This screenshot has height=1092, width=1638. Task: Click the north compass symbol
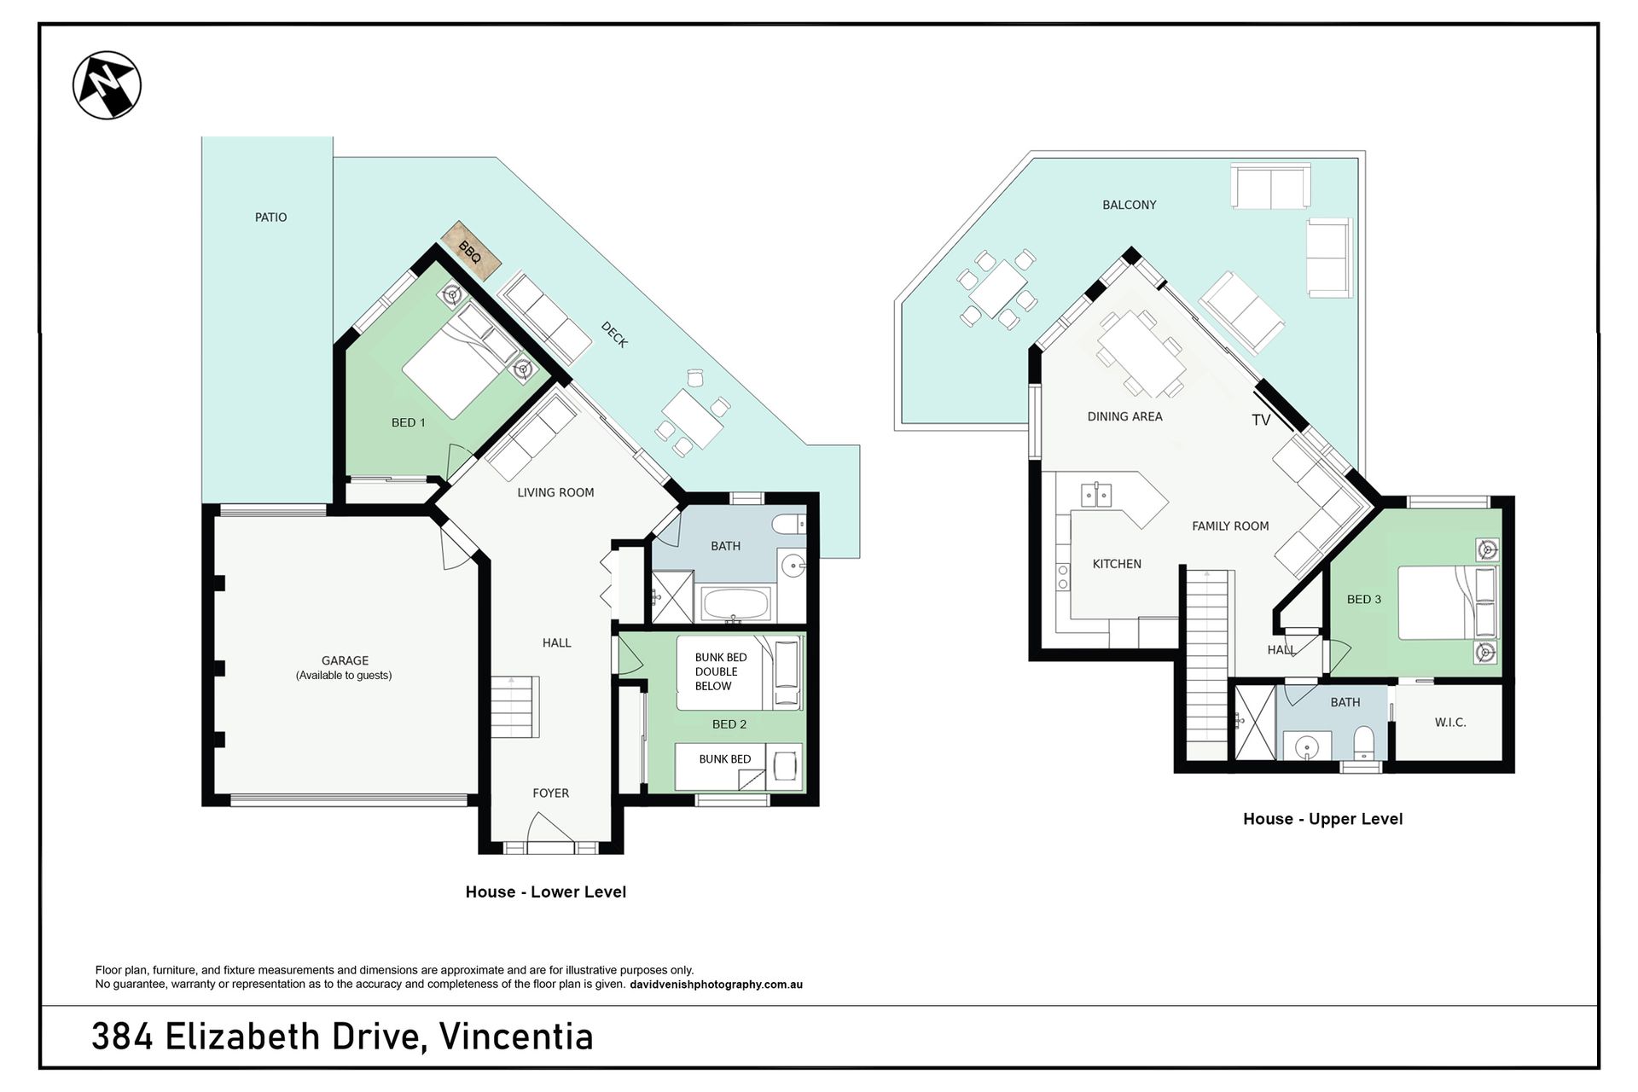[107, 85]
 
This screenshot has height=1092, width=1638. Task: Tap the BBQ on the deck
[470, 251]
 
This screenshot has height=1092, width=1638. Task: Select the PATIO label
[270, 218]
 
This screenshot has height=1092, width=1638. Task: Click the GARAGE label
[345, 660]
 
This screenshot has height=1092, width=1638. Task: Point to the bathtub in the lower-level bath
[735, 605]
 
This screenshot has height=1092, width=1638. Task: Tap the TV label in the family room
[1261, 420]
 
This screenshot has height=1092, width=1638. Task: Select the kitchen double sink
[1095, 495]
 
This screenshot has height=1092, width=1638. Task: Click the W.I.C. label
[1450, 723]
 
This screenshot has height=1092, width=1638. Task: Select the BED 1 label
[408, 422]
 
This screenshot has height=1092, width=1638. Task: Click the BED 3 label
[1363, 600]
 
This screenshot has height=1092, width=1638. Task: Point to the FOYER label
[550, 793]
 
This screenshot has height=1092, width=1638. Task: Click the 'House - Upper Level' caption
[1322, 819]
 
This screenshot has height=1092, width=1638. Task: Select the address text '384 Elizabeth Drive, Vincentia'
[342, 1037]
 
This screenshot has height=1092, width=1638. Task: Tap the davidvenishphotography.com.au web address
[716, 985]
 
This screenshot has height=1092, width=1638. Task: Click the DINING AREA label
[1124, 416]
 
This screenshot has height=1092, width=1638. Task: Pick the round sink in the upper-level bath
[1306, 748]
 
